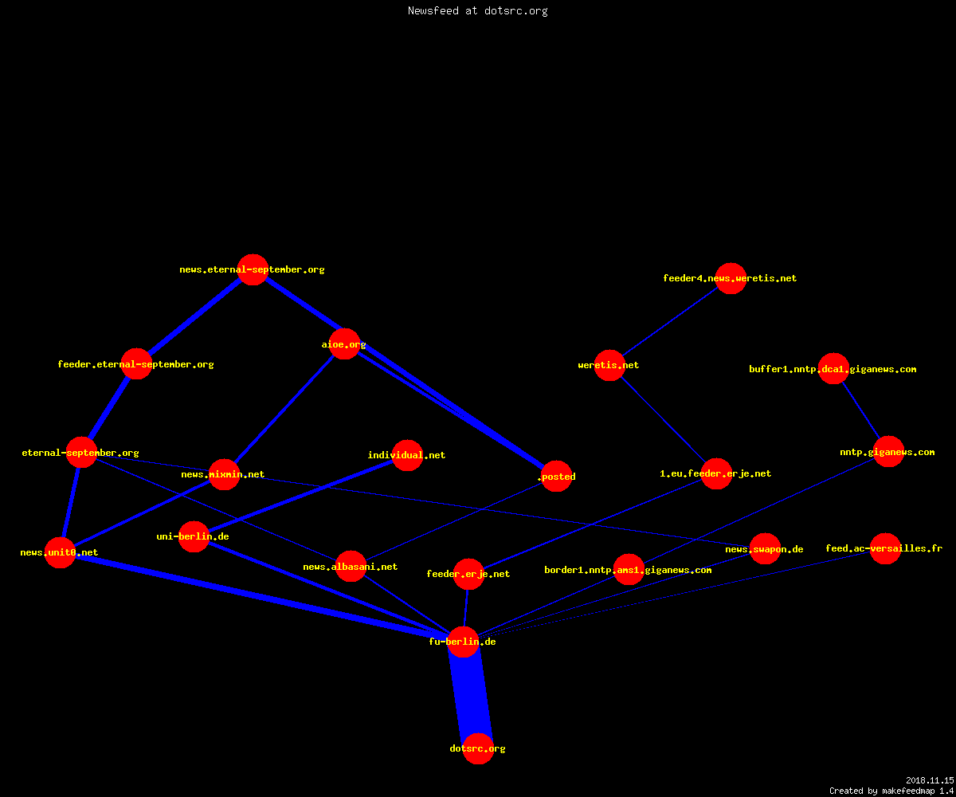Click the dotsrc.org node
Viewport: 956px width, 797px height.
pyautogui.click(x=478, y=749)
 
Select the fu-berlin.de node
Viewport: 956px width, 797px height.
pyautogui.click(x=464, y=642)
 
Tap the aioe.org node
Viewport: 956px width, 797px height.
pyautogui.click(x=344, y=344)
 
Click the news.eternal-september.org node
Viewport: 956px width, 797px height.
pyautogui.click(x=253, y=270)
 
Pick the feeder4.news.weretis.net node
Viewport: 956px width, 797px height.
pyautogui.click(x=731, y=278)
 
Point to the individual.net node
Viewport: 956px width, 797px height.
pyautogui.click(x=407, y=455)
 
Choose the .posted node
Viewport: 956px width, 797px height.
pyautogui.click(x=557, y=477)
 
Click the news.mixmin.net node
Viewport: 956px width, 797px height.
pyautogui.click(x=224, y=474)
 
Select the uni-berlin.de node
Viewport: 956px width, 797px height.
pyautogui.click(x=194, y=536)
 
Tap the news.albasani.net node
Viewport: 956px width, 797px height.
pyautogui.click(x=351, y=566)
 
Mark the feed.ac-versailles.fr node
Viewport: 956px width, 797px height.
pyautogui.click(x=885, y=548)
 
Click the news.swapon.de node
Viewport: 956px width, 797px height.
pyautogui.click(x=765, y=549)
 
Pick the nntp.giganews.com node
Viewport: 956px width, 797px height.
pyautogui.click(x=889, y=452)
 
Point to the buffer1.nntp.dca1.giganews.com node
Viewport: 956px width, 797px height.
pyautogui.click(x=834, y=369)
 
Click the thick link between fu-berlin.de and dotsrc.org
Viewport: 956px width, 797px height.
pyautogui.click(x=471, y=695)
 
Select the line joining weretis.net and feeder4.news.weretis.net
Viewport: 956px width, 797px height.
pyautogui.click(x=670, y=321)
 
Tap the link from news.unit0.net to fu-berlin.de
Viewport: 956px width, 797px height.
pyautogui.click(x=261, y=597)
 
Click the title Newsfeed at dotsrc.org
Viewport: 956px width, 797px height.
pyautogui.click(x=477, y=10)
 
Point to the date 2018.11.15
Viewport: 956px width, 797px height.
pyautogui.click(x=930, y=780)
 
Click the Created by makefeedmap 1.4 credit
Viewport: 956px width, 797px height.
pyautogui.click(x=891, y=791)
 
